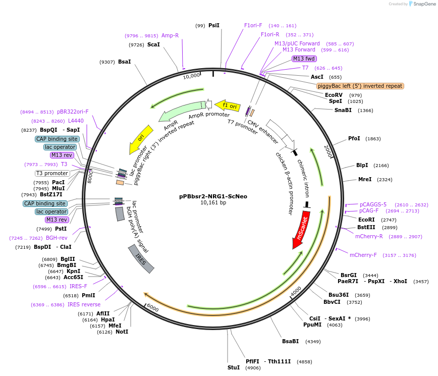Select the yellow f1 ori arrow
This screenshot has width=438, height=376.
[x=227, y=105]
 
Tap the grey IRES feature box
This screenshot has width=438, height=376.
[x=141, y=259]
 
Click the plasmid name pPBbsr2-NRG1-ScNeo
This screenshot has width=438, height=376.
[x=213, y=196]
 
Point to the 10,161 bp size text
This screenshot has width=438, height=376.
[x=213, y=203]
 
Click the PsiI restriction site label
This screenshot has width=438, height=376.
[x=214, y=25]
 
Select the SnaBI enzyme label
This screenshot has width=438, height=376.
[x=343, y=110]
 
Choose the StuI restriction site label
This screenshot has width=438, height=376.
[x=234, y=368]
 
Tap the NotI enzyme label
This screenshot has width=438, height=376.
[x=122, y=332]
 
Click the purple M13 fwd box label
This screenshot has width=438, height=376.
[x=304, y=59]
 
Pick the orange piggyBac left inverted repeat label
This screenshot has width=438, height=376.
[x=360, y=86]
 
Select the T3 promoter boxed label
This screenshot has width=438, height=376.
[x=52, y=173]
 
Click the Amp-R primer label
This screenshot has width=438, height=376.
[x=170, y=35]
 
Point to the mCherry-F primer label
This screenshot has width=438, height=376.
[x=363, y=255]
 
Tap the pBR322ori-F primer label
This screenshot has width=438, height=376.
[x=73, y=112]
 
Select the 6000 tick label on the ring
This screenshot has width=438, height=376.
[x=152, y=309]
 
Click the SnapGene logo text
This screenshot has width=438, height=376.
[x=422, y=4]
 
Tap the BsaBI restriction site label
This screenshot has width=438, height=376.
[x=291, y=342]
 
